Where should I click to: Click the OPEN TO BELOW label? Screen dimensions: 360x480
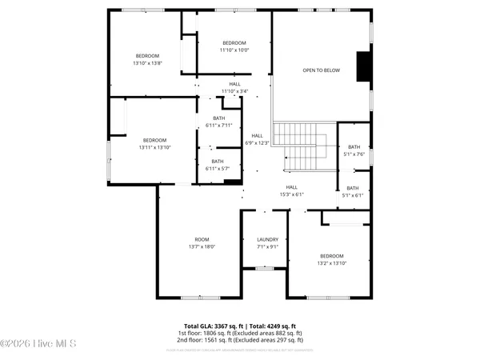[x=321, y=70]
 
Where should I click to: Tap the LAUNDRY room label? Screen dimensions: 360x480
[x=267, y=240]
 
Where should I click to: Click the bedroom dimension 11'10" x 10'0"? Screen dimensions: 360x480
[x=234, y=50]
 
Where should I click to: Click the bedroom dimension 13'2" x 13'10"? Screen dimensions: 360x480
[x=331, y=262]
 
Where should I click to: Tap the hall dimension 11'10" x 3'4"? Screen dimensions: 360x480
[x=234, y=90]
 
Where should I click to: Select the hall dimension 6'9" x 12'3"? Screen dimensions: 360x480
[x=257, y=142]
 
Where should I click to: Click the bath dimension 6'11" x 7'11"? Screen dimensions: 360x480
[x=218, y=126]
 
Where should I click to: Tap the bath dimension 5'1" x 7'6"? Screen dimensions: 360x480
[x=354, y=154]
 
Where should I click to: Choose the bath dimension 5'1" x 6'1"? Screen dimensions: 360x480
[x=354, y=195]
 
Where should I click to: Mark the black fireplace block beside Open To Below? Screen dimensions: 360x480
[x=364, y=67]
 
